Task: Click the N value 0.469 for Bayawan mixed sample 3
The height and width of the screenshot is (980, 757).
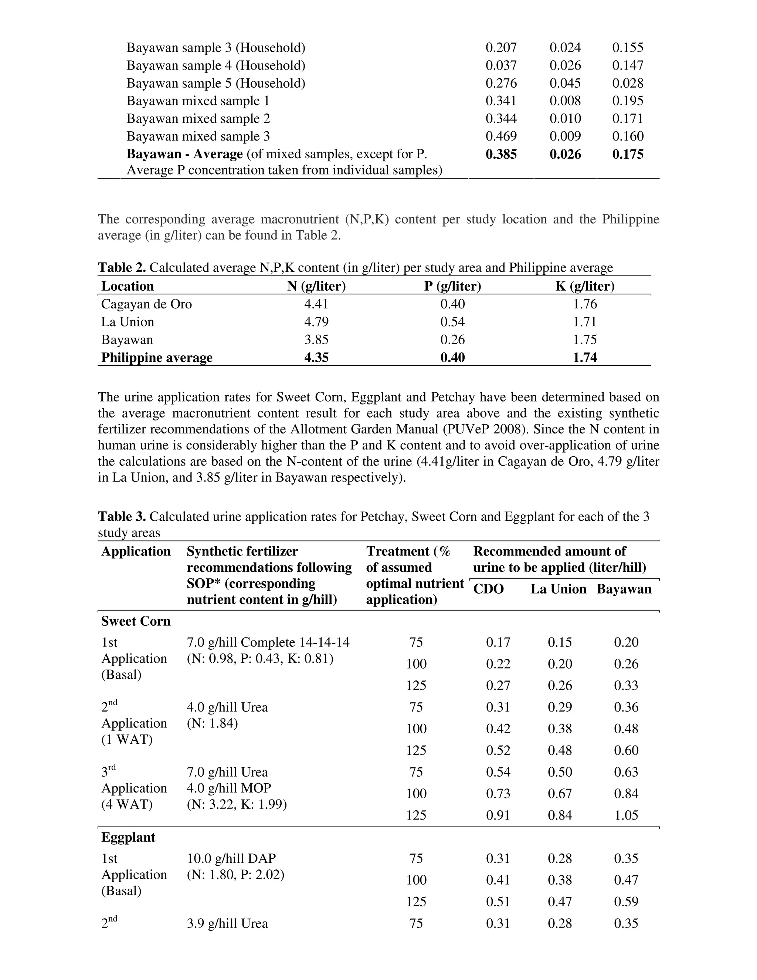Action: point(501,136)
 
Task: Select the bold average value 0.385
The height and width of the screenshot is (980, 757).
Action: point(501,154)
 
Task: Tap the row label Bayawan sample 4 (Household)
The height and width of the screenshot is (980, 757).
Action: point(216,65)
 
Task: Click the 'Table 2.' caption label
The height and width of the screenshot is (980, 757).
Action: point(122,267)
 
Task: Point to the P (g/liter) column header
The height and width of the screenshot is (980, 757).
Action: point(452,286)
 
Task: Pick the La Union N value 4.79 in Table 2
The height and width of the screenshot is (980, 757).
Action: point(316,322)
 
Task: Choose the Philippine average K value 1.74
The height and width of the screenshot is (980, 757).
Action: point(585,357)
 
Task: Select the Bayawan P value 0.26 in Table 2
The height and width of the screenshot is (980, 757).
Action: point(452,340)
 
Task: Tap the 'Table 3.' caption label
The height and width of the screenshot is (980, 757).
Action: point(122,517)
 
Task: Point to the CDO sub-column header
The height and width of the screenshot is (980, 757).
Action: point(488,589)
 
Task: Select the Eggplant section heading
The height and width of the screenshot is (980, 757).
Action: point(128,837)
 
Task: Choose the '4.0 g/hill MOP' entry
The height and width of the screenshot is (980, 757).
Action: point(229,788)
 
